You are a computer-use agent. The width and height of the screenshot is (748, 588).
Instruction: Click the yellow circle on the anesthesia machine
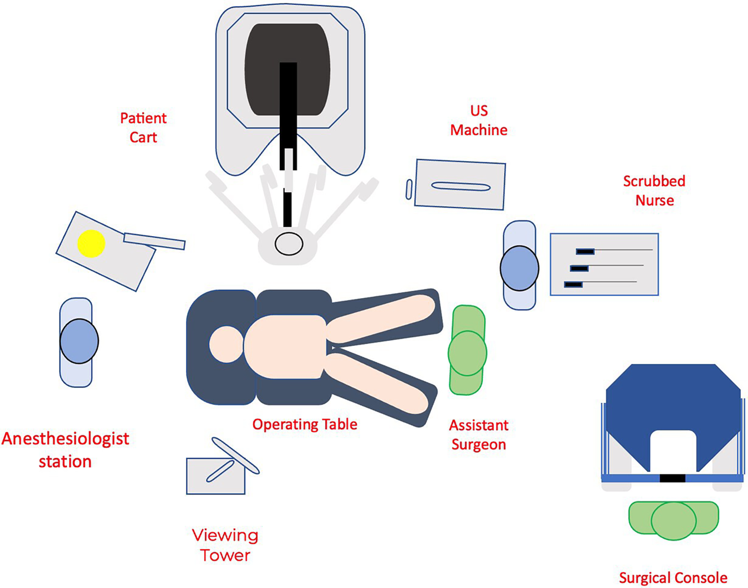[x=91, y=243]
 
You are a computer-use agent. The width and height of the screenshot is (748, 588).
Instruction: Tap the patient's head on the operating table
[x=226, y=344]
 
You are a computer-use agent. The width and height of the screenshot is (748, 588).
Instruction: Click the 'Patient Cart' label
[x=143, y=128]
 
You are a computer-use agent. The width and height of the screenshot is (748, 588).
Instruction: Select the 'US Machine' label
[x=479, y=120]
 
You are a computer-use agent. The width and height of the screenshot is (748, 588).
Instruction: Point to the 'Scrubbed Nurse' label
[x=654, y=191]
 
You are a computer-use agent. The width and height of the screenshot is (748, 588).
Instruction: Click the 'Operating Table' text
[x=305, y=424]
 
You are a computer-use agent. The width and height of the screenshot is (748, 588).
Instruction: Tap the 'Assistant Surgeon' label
[x=479, y=435]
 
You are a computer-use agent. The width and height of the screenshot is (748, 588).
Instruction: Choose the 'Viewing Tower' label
[x=225, y=545]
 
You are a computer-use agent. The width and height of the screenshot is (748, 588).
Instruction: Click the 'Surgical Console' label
[x=673, y=578]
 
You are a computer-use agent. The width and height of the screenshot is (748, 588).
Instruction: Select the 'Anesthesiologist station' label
[x=65, y=450]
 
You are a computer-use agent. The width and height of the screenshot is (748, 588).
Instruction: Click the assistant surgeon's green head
[x=467, y=353]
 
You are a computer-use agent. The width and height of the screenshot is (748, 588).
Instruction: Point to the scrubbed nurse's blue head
[x=519, y=268]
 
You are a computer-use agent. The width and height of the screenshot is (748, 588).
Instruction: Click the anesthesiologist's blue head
[x=79, y=341]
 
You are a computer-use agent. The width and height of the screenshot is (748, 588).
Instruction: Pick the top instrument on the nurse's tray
[x=585, y=252]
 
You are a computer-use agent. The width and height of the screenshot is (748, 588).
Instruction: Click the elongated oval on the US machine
[x=460, y=187]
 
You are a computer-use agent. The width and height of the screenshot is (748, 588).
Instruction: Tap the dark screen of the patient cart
[x=260, y=69]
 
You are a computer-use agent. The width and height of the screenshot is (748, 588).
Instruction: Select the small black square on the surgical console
[x=672, y=478]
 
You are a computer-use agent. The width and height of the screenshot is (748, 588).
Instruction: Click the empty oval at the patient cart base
[x=289, y=244]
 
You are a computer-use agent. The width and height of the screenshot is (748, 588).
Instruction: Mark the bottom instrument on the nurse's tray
[x=573, y=284]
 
